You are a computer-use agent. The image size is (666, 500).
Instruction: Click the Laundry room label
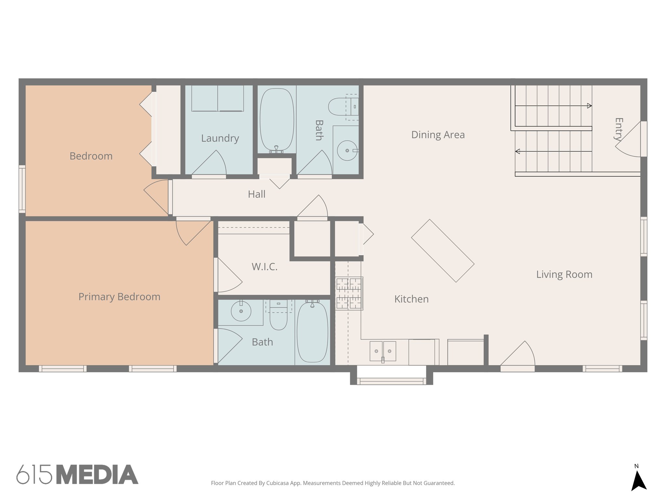[220, 138]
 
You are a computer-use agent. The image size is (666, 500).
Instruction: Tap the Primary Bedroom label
[119, 297]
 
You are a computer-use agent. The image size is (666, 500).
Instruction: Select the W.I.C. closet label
[264, 267]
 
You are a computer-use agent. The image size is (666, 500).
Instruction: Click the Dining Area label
[438, 134]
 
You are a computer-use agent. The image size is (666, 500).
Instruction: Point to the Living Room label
[564, 274]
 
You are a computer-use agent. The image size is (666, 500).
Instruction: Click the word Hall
[257, 194]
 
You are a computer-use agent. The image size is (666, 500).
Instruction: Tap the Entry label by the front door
[619, 129]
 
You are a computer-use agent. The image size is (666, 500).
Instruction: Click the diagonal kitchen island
[443, 250]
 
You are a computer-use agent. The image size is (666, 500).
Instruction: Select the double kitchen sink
[383, 351]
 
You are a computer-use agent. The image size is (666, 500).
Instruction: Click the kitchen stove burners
[349, 293]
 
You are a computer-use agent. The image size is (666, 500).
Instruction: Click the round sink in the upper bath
[347, 150]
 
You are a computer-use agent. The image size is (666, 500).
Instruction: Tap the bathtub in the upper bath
[277, 120]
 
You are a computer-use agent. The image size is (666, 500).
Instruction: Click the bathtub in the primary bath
[312, 332]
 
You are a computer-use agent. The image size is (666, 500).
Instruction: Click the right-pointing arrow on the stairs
[589, 106]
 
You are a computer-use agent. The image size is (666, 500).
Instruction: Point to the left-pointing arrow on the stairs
[518, 151]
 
